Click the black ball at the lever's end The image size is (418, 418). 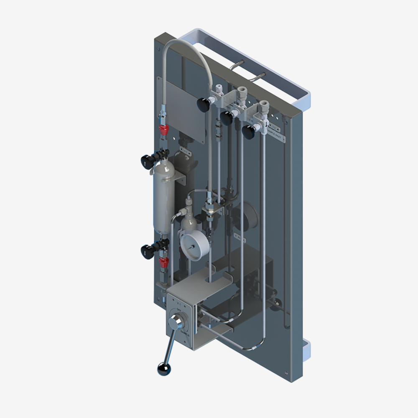pyautogui.click(x=163, y=368)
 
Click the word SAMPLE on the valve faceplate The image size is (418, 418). pyautogui.click(x=187, y=330)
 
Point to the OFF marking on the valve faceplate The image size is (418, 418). pyautogui.click(x=179, y=309)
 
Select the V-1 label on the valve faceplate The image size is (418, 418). pyautogui.click(x=178, y=302)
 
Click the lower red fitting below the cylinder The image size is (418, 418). pyautogui.click(x=163, y=262)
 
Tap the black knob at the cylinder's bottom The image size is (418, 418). pyautogui.click(x=146, y=251)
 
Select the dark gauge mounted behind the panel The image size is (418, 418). pyautogui.click(x=242, y=215)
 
